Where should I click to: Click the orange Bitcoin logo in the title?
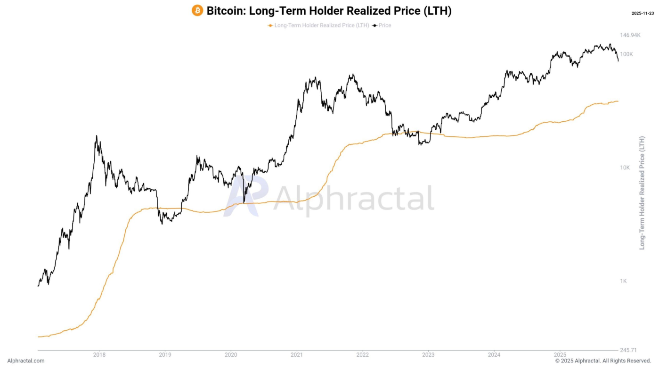click(x=197, y=10)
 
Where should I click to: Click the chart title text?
click(x=329, y=11)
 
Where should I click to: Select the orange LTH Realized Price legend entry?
click(x=318, y=25)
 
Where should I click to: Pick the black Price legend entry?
click(x=382, y=25)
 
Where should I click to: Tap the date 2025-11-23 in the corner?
click(x=643, y=13)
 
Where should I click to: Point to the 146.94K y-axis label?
click(x=630, y=35)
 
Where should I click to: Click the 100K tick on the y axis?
click(x=626, y=54)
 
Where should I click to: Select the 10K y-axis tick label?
click(x=625, y=168)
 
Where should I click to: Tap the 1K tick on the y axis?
click(x=624, y=281)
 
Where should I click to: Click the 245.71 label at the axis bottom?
click(x=628, y=350)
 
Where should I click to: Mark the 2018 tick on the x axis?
click(x=99, y=354)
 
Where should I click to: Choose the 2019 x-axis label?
click(x=165, y=354)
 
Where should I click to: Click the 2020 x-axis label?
click(x=231, y=354)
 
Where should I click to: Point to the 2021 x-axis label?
click(x=297, y=354)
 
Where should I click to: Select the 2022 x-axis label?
click(x=362, y=354)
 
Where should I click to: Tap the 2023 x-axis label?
click(x=428, y=354)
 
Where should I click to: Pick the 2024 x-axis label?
click(x=494, y=354)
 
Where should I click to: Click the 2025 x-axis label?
click(x=560, y=354)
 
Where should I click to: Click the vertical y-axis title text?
click(x=642, y=193)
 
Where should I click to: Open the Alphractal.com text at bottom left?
click(x=26, y=361)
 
